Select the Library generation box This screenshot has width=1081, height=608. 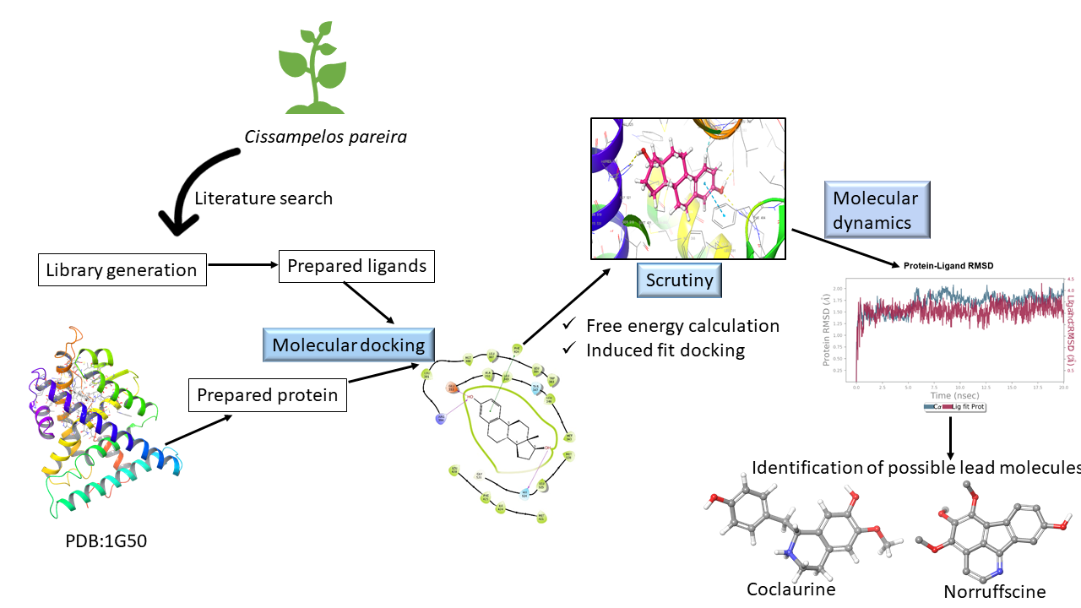(122, 270)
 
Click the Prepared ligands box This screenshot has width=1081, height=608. (356, 266)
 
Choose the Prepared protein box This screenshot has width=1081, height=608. (267, 395)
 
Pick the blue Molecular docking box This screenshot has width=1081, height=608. (348, 345)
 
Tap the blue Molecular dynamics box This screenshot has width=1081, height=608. (876, 210)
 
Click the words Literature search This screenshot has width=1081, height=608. (263, 198)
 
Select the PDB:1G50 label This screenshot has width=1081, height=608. (106, 540)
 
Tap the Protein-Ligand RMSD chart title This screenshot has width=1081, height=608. (948, 265)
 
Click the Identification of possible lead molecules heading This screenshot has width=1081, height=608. (915, 468)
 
